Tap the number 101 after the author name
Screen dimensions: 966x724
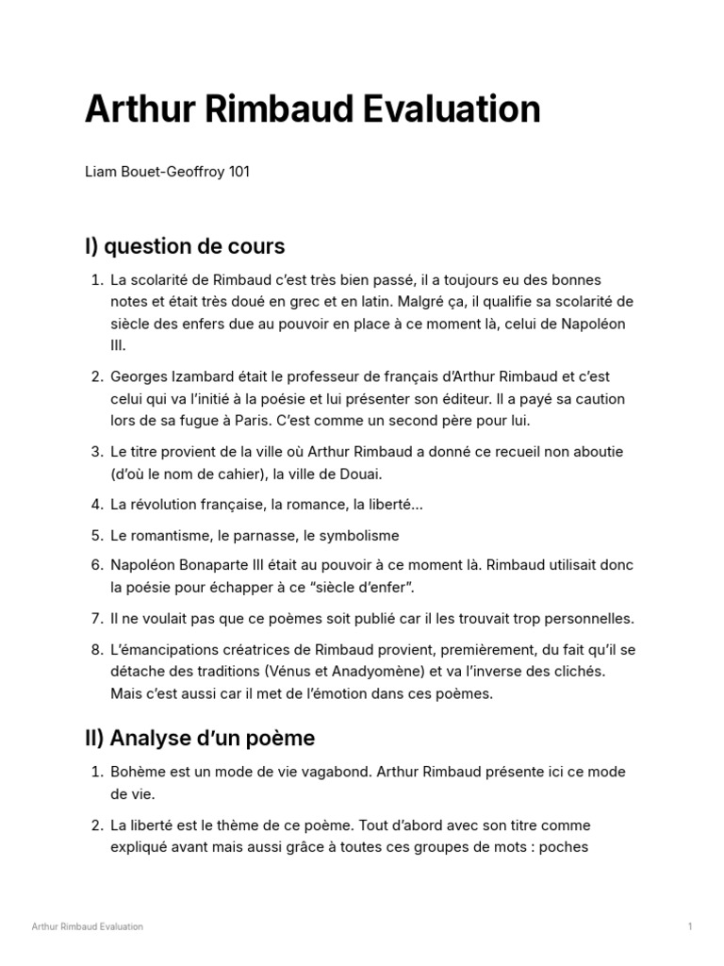(239, 174)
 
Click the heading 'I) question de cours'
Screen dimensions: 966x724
(185, 247)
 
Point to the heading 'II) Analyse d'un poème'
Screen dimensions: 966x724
(200, 738)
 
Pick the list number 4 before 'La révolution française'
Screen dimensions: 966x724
(96, 505)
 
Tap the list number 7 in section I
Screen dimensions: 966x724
(96, 619)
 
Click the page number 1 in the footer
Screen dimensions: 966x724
(690, 926)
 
